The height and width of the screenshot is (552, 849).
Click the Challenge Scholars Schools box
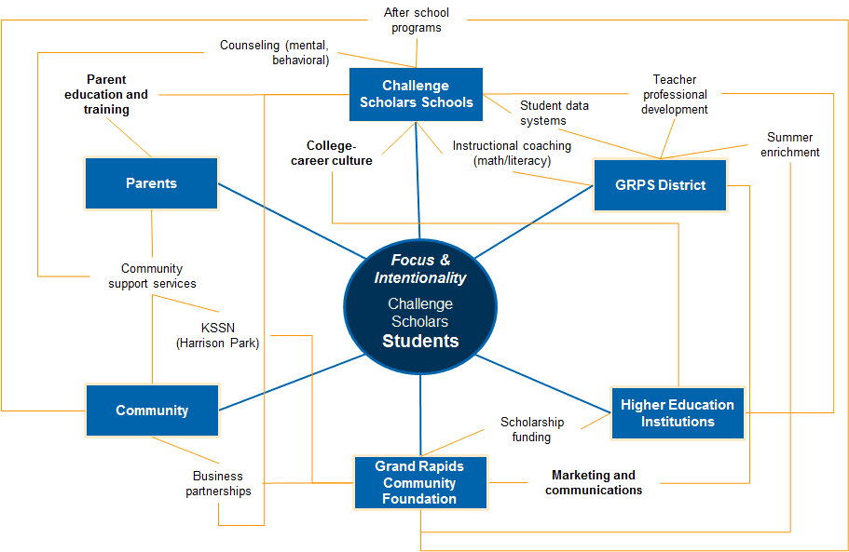coord(417,94)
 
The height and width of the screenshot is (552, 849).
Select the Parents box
coord(151,183)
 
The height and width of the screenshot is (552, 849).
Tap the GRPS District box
coord(660,184)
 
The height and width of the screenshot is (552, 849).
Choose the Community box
coord(152,411)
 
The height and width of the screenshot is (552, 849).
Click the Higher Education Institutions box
coord(678,412)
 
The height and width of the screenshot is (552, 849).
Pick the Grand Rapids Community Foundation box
coord(419,482)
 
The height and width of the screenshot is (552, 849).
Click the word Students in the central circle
coord(420,341)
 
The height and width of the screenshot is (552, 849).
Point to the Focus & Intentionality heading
coord(420,269)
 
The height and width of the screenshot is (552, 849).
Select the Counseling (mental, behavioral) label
coord(274,52)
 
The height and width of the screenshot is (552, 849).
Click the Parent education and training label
coord(106,94)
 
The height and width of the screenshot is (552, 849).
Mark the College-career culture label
coord(339,153)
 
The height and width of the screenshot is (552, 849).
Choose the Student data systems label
coord(555,113)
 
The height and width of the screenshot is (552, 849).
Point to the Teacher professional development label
coord(674,94)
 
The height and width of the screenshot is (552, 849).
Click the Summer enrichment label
coord(789,144)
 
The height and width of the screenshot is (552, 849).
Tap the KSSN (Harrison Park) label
coord(217,335)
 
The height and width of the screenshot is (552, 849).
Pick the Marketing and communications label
coord(594,482)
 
